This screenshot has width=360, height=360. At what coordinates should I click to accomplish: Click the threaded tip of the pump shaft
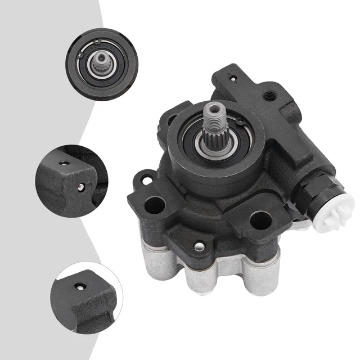216,115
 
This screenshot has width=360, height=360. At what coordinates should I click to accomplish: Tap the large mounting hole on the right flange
259,220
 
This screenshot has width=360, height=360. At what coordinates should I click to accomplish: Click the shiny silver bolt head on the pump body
199,246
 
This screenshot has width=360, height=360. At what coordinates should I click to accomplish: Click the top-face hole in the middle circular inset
66,163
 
